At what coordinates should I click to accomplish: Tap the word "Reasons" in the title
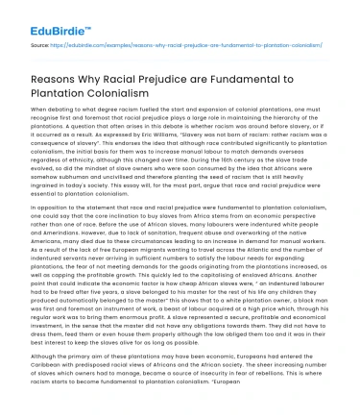click(x=47, y=81)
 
